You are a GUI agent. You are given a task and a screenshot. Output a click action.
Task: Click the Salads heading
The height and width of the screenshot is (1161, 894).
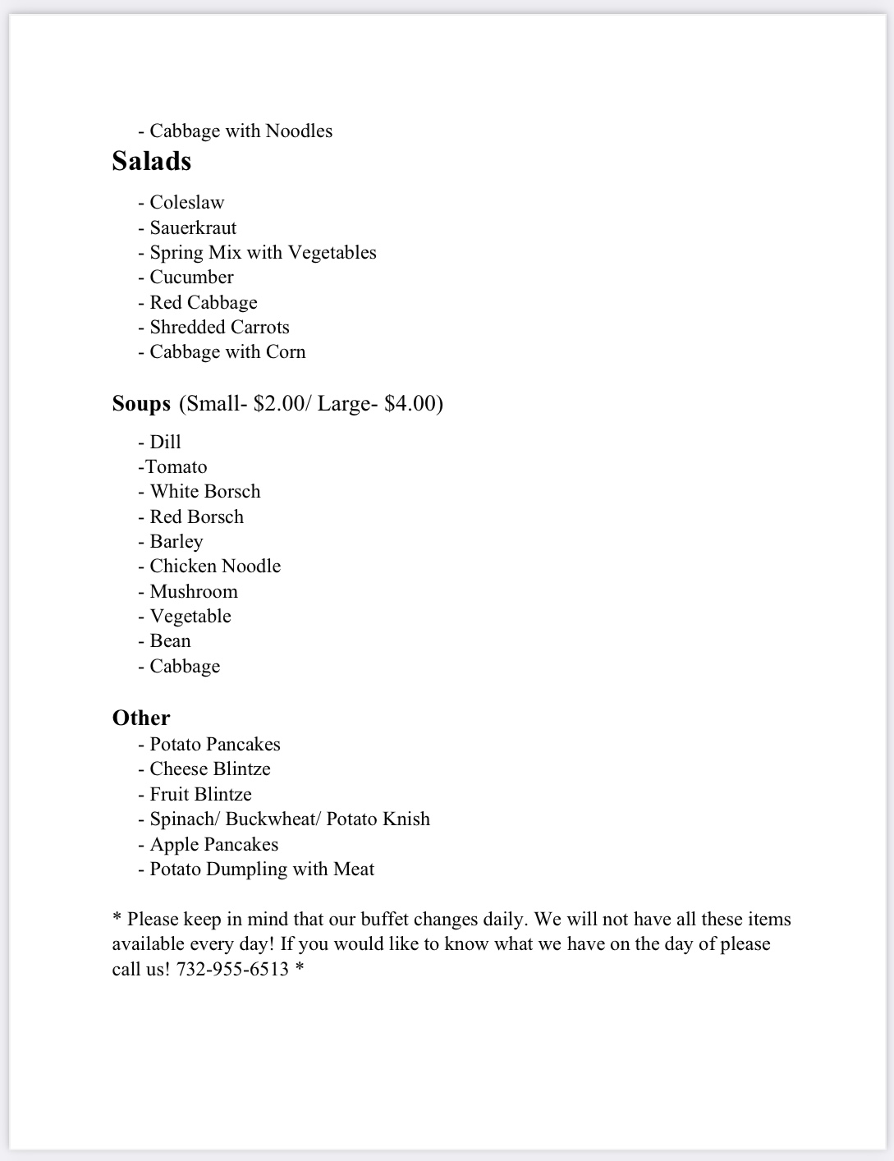coord(152,161)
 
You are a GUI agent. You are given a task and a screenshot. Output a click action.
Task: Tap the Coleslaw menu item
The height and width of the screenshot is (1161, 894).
coord(186,203)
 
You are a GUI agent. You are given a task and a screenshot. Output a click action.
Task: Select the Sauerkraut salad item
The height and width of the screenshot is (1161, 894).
coord(193,227)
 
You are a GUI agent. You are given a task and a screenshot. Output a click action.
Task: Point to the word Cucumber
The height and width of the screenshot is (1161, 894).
coord(191,278)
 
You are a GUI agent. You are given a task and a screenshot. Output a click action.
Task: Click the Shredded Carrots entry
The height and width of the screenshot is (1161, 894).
coord(219,328)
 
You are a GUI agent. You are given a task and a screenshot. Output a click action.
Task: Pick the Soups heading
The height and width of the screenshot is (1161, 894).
coord(141,404)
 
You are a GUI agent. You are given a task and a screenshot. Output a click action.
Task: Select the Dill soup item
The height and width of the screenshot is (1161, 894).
coord(165,443)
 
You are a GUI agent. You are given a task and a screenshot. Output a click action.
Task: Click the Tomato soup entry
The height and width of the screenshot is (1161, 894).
coord(176,467)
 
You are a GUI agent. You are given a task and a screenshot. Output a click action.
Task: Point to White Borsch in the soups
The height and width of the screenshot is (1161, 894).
coord(205,492)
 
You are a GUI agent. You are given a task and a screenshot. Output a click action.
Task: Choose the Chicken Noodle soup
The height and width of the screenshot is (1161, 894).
coord(215,567)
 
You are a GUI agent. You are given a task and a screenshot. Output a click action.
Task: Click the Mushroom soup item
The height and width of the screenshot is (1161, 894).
coord(194,592)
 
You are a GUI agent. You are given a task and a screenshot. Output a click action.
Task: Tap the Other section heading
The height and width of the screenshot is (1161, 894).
coord(141,718)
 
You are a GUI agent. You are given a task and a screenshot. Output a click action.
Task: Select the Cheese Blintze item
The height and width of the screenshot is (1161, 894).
coord(210,769)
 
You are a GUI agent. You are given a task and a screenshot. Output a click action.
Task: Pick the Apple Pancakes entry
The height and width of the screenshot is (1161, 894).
coord(213,845)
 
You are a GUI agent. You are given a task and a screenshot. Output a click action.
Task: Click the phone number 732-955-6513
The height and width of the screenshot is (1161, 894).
coord(232,970)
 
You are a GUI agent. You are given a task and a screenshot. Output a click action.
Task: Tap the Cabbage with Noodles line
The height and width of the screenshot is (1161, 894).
coord(241,131)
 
